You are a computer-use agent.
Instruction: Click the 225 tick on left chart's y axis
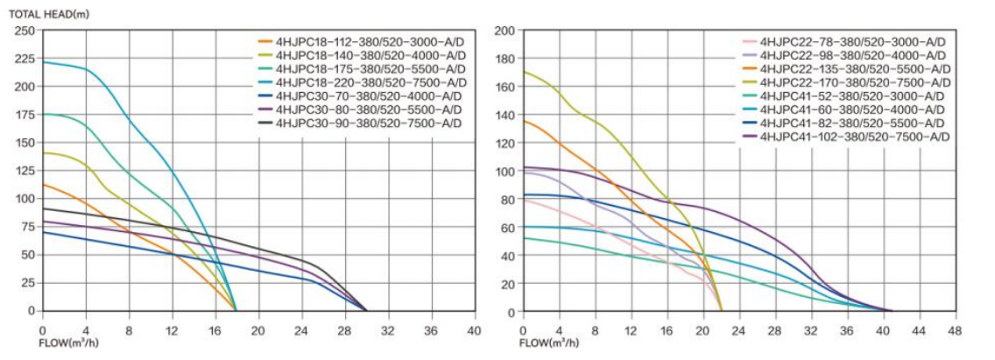(x=25, y=59)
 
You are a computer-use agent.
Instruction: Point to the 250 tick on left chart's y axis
(x=25, y=31)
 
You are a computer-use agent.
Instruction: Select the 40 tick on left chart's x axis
(x=474, y=330)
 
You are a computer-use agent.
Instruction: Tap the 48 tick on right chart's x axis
(x=954, y=331)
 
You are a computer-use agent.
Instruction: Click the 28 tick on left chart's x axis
(x=344, y=330)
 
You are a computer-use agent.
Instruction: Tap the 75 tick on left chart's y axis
(x=28, y=227)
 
